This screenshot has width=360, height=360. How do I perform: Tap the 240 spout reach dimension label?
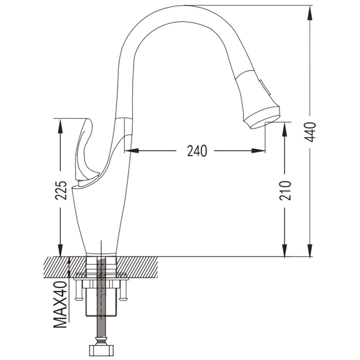(197, 151)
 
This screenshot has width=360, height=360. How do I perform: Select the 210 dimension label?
(285, 191)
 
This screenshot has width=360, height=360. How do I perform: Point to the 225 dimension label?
(61, 190)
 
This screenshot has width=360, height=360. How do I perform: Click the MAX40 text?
(60, 304)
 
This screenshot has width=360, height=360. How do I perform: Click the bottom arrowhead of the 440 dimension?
(310, 249)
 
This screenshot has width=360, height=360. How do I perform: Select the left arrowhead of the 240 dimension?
(132, 151)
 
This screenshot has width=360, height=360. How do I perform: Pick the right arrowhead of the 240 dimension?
(258, 151)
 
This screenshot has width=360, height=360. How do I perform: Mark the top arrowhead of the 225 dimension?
(60, 127)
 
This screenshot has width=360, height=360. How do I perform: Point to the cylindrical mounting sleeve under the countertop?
(102, 302)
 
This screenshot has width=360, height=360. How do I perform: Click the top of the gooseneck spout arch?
(186, 6)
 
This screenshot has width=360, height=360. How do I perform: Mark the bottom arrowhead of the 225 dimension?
(60, 249)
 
